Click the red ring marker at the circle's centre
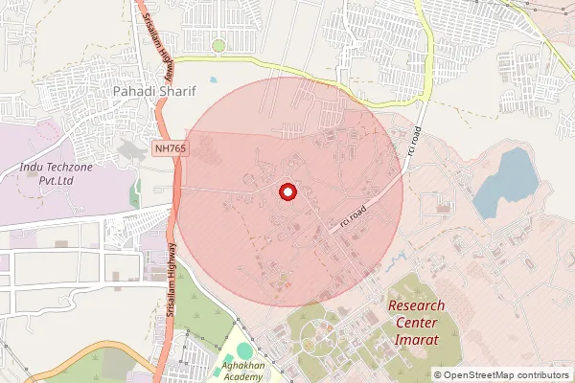(287, 192)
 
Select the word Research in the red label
(416, 306)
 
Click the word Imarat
(417, 339)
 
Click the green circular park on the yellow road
(218, 45)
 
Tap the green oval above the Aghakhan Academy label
(244, 350)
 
